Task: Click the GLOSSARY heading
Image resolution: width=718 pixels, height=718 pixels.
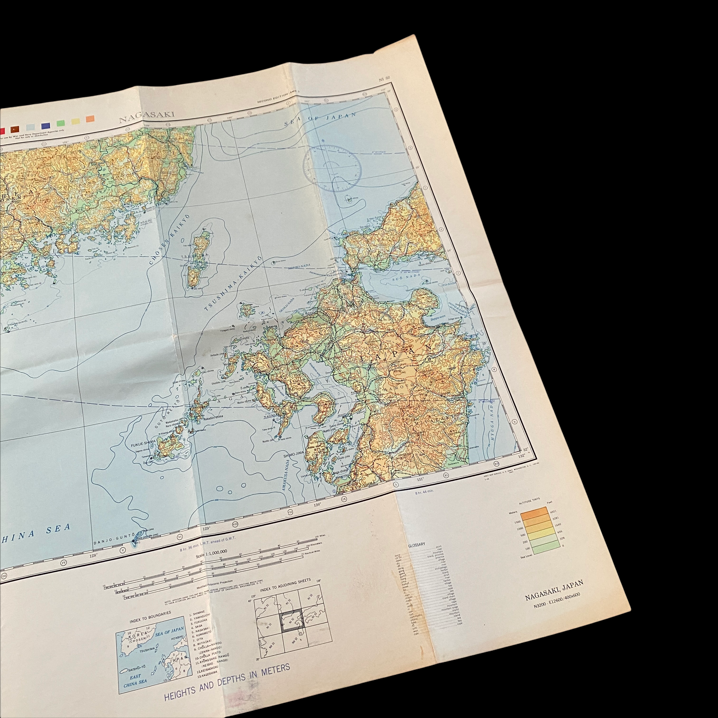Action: coord(417,544)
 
